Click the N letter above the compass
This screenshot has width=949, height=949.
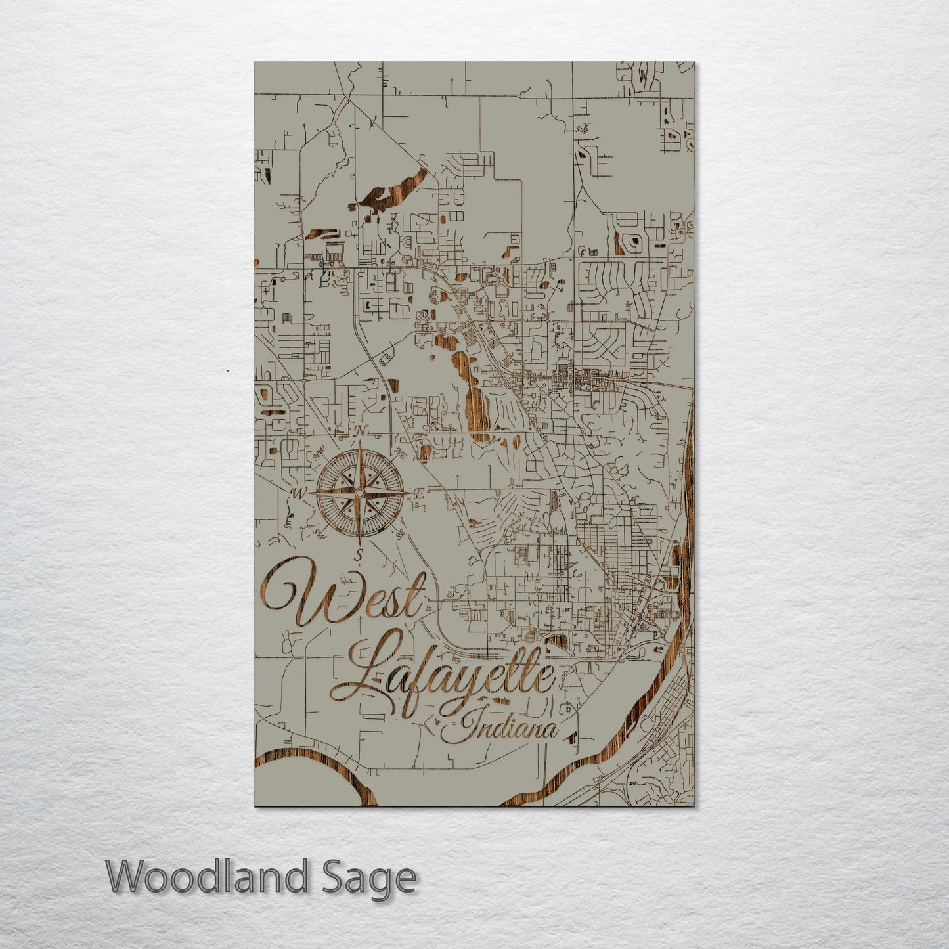tap(359, 431)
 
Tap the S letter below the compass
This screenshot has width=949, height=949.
tap(359, 556)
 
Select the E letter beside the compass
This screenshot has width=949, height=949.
tap(418, 495)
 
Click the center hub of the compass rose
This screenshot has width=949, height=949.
tap(359, 492)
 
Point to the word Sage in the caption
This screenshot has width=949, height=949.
tap(384, 877)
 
